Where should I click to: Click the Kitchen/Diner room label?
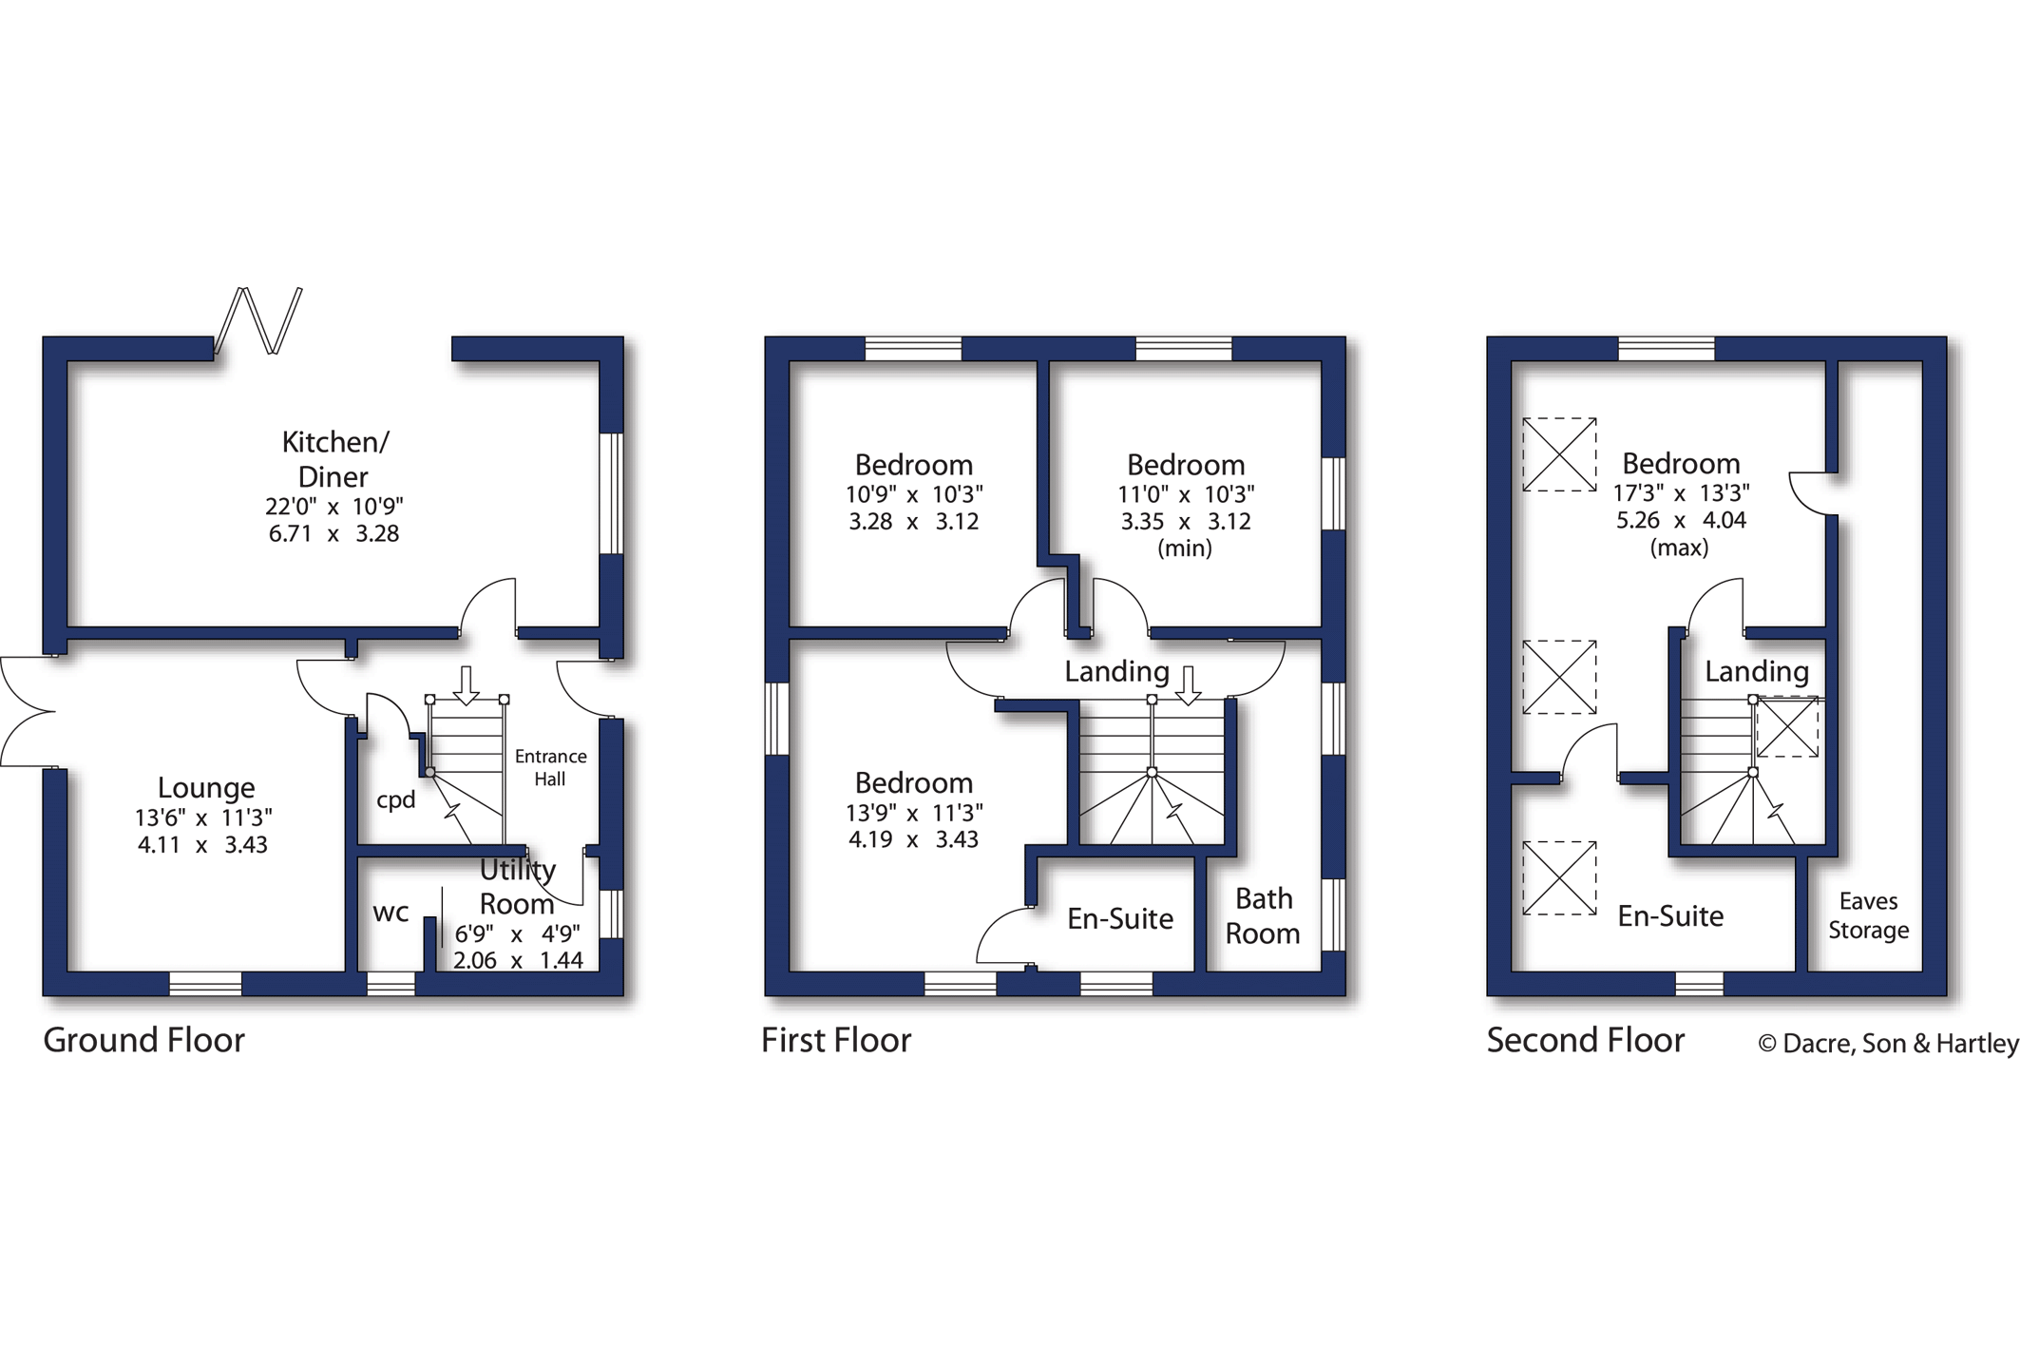(x=334, y=459)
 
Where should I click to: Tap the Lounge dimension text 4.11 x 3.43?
(x=202, y=844)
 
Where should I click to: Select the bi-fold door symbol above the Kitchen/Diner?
(x=258, y=320)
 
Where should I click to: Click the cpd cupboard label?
(x=395, y=799)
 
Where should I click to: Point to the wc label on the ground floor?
(x=391, y=913)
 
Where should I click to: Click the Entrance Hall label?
(x=550, y=767)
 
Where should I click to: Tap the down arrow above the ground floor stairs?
(x=466, y=684)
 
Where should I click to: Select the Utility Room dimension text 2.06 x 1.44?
(x=518, y=960)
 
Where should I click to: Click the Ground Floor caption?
(x=143, y=1040)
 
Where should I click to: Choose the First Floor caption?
(x=835, y=1040)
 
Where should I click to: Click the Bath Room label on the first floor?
(x=1263, y=915)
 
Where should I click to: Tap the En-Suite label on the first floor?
(x=1119, y=918)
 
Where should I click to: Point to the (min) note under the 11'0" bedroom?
(x=1184, y=548)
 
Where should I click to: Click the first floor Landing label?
(x=1116, y=671)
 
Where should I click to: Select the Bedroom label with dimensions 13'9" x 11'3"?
(x=913, y=782)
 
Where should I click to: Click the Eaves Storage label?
(x=1868, y=914)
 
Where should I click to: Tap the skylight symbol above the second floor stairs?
(x=1786, y=727)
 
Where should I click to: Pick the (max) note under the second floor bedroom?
(x=1679, y=548)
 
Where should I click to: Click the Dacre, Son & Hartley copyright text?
(x=1887, y=1043)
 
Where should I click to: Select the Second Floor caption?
(x=1585, y=1040)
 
